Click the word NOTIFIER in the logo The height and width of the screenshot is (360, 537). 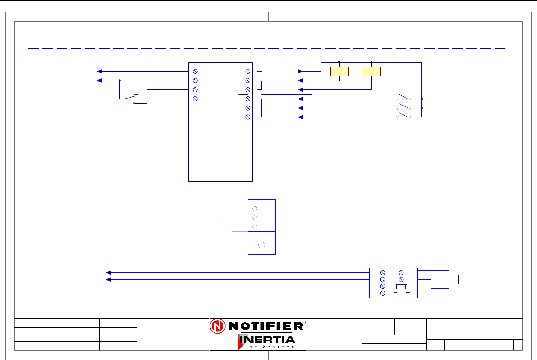(266, 326)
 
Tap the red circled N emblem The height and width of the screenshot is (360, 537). (218, 326)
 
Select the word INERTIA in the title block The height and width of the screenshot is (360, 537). (267, 340)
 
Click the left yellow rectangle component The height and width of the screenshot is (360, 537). (339, 71)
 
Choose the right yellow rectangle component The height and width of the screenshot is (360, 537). (371, 71)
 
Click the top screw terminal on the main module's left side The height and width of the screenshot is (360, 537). (195, 71)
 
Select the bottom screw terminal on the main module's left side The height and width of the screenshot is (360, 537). (195, 99)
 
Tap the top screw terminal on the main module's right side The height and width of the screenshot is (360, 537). (248, 71)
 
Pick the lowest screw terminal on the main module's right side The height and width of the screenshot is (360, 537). (248, 117)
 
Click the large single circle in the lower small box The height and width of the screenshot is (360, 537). (261, 245)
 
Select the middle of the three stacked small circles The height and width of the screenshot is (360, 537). (255, 218)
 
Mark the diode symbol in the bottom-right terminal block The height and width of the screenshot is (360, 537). (402, 287)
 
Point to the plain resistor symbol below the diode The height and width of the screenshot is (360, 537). (401, 293)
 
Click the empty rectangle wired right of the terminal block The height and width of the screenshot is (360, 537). (449, 279)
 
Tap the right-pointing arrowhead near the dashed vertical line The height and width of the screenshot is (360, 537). (301, 71)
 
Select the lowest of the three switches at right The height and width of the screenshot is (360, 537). (403, 116)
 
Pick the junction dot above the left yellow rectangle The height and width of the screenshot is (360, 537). (339, 62)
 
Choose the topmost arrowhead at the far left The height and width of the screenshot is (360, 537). (100, 71)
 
